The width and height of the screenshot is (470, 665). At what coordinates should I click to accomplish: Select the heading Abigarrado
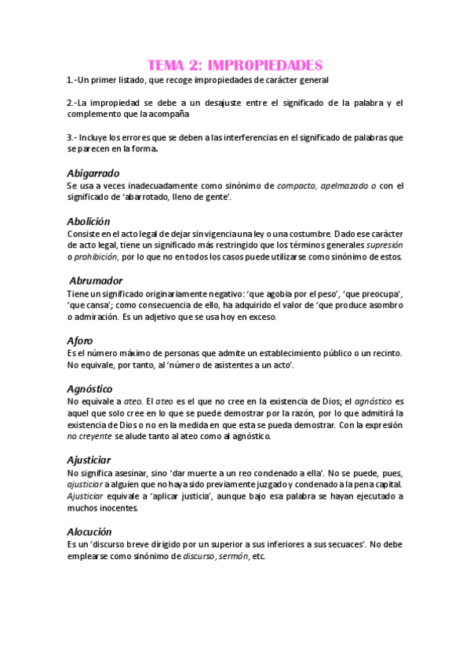point(93,173)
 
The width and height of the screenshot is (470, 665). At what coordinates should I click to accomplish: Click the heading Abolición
point(89,221)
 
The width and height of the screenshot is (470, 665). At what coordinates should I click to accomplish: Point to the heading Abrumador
point(96,281)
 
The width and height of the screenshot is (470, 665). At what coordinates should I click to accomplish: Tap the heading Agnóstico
point(90,389)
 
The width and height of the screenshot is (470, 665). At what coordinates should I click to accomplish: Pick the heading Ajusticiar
point(89,460)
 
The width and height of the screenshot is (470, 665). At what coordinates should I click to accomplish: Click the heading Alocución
point(90,531)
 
